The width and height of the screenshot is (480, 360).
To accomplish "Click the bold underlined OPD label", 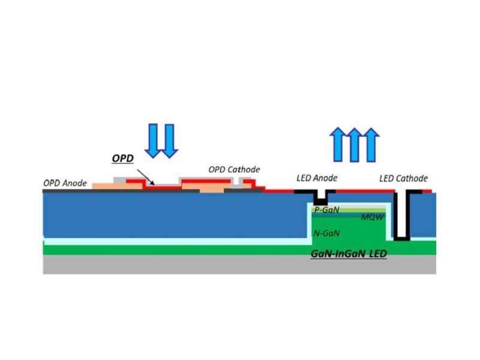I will click(123, 158).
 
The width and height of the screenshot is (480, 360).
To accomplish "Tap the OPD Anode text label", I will click(65, 182).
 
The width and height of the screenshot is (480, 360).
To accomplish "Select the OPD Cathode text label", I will click(234, 170).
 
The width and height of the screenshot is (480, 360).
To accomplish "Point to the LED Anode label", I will click(317, 178).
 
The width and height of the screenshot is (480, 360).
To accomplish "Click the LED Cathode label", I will click(404, 178).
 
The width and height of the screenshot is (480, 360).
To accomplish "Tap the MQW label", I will click(372, 217).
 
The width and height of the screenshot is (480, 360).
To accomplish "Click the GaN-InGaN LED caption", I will click(349, 254).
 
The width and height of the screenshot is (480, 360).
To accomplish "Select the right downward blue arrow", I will click(169, 140).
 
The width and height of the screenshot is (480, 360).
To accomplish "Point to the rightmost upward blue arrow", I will click(373, 145).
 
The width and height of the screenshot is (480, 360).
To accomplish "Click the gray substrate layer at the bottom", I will click(239, 265).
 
